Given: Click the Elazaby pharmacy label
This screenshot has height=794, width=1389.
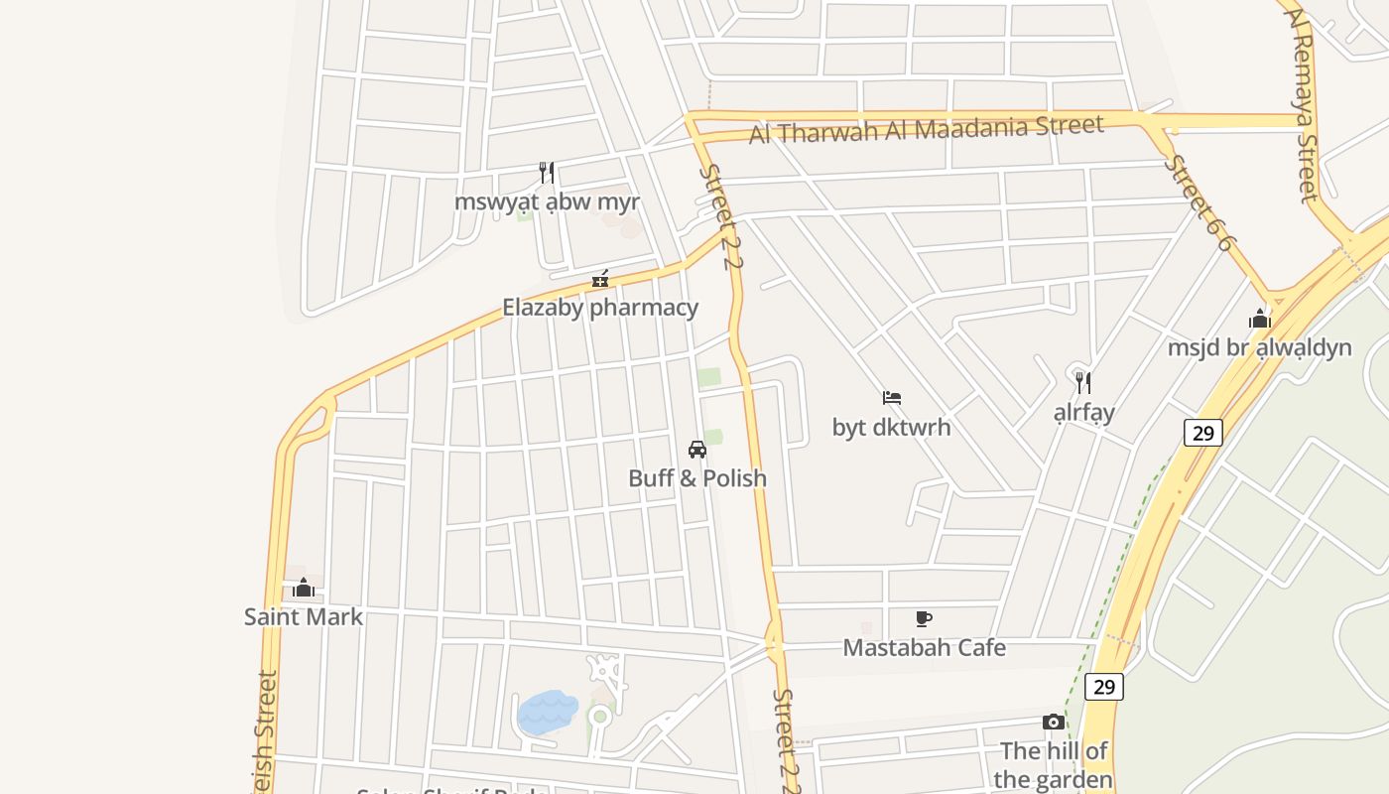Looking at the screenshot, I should [600, 308].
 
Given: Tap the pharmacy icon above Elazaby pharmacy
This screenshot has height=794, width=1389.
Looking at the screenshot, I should [600, 279].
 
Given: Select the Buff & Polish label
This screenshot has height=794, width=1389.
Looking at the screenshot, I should [697, 478].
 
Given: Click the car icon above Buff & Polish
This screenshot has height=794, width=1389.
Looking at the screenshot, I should [697, 449].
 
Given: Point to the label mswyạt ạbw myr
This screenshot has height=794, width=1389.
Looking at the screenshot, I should [547, 201].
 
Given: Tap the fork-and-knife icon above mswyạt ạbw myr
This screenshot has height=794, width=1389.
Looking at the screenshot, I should [547, 173].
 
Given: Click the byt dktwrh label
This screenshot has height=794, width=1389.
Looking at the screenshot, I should [891, 428].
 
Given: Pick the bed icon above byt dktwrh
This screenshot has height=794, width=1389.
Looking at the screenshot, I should [892, 398].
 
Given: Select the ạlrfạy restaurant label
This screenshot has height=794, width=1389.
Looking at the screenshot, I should [1084, 412].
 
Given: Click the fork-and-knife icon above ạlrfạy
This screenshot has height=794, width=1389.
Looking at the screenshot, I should [1084, 382].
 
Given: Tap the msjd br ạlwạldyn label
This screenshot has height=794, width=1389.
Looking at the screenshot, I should [1259, 347].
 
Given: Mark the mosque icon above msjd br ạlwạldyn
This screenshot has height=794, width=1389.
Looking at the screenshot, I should [1260, 319].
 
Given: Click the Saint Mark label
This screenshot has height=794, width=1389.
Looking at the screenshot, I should [304, 617].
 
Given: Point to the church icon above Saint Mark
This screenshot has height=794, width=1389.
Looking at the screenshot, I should [304, 588].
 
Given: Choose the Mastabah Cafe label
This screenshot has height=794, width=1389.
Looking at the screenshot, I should [924, 648].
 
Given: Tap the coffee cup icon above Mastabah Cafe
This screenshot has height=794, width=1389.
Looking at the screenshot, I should [924, 619].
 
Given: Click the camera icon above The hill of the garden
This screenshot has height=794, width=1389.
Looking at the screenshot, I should [1054, 722].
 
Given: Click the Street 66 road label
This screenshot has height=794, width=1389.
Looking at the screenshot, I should [1200, 202].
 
